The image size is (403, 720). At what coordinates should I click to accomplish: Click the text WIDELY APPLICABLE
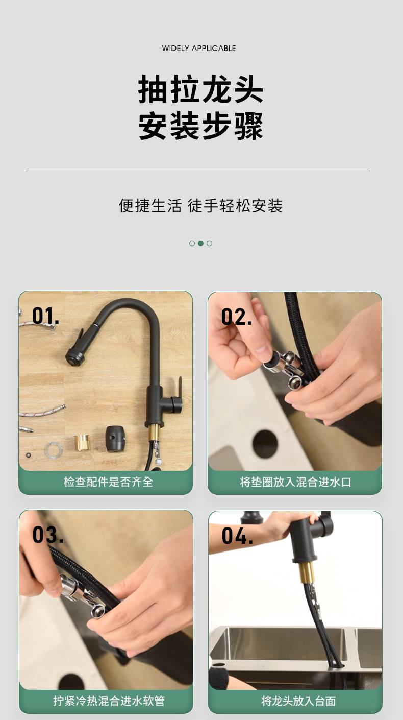click(x=199, y=48)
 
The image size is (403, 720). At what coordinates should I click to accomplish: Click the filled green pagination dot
click(x=200, y=244)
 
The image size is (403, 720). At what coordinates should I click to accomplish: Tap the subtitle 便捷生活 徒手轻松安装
click(x=200, y=206)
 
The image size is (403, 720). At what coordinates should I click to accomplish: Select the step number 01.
click(x=45, y=316)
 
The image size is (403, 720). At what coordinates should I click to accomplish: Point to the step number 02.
click(x=236, y=317)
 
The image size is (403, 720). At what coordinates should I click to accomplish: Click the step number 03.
click(x=47, y=535)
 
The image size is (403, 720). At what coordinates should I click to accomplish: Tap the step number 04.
click(x=237, y=536)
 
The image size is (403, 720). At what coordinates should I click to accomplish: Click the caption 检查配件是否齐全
click(x=108, y=482)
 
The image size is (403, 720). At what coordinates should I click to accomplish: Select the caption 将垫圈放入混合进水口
click(x=295, y=482)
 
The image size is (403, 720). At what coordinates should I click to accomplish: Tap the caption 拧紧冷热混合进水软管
click(x=109, y=701)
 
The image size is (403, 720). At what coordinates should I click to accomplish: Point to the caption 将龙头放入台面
click(x=298, y=701)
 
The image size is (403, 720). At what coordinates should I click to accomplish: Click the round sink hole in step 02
click(x=265, y=443)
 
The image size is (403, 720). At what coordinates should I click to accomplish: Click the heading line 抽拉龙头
click(x=200, y=89)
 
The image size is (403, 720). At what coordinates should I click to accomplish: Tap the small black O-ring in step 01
click(x=29, y=455)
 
